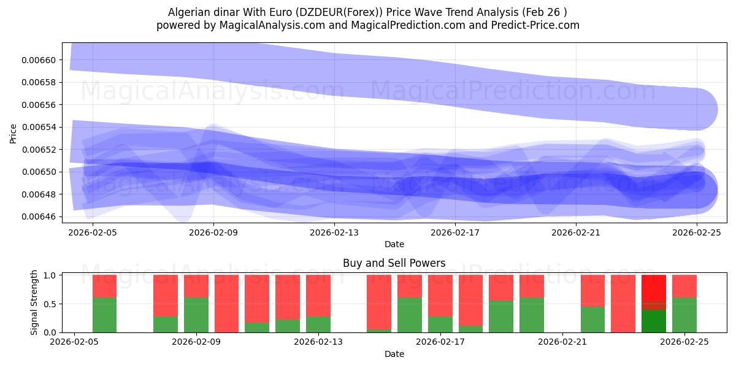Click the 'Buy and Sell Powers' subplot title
[394, 263]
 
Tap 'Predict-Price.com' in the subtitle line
[533, 25]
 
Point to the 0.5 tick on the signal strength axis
[51, 304]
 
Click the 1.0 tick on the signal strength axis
[51, 275]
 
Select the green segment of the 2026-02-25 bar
[684, 315]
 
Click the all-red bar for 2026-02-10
[226, 304]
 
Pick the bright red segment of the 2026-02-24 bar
[654, 287]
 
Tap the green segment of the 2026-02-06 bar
[105, 315]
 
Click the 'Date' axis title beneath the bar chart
[394, 354]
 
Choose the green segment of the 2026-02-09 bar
[196, 315]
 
